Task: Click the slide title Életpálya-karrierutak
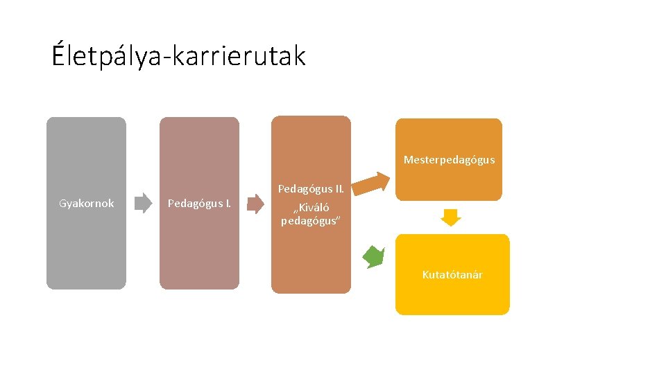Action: [x=178, y=56]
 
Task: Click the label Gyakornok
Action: [x=87, y=204]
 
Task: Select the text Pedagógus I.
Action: [x=200, y=204]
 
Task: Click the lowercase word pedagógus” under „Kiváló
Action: [x=310, y=221]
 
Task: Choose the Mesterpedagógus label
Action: [x=449, y=160]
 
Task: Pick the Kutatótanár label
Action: [x=452, y=275]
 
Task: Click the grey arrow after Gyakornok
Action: [x=143, y=203]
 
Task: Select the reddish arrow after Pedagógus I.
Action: [x=256, y=203]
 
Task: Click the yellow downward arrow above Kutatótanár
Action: [x=452, y=217]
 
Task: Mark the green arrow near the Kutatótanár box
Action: [x=374, y=257]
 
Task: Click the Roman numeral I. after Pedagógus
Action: [x=228, y=204]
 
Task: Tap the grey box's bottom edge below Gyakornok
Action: [x=87, y=288]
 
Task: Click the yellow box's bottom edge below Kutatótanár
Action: [x=452, y=314]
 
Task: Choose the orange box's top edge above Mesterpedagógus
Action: [x=449, y=119]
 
